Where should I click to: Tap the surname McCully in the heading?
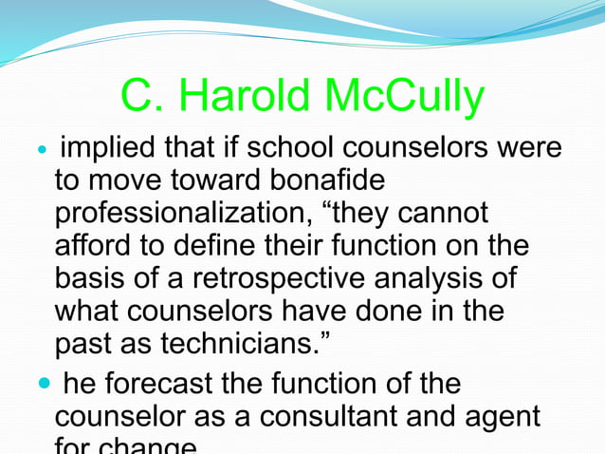(404, 97)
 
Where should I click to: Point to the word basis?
(94, 277)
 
